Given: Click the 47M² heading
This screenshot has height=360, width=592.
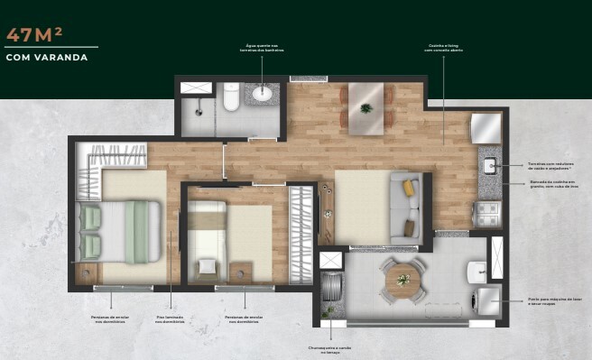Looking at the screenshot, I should pyautogui.click(x=34, y=35).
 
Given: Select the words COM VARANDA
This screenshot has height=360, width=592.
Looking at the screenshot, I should pyautogui.click(x=46, y=57).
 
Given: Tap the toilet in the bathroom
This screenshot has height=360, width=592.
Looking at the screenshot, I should pyautogui.click(x=231, y=98).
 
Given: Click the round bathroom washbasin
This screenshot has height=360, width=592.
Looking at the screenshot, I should pyautogui.click(x=263, y=94).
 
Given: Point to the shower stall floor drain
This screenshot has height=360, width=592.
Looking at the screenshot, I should pyautogui.click(x=196, y=106).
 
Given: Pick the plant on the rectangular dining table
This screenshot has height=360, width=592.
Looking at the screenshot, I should pyautogui.click(x=365, y=108).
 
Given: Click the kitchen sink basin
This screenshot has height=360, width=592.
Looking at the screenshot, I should pyautogui.click(x=490, y=165).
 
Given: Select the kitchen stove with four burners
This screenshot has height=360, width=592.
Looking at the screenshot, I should pyautogui.click(x=487, y=215).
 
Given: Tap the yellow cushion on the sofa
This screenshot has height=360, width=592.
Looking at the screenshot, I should pyautogui.click(x=409, y=188).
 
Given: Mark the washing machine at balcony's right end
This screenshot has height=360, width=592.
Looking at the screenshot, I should pyautogui.click(x=487, y=300).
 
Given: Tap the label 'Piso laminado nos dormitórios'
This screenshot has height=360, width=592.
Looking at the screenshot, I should pyautogui.click(x=171, y=319).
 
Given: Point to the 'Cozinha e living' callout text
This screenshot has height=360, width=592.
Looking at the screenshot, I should pyautogui.click(x=443, y=49).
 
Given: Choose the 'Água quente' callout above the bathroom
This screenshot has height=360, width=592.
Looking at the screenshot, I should pyautogui.click(x=264, y=49).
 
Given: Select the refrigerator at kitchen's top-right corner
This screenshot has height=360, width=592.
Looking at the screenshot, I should pyautogui.click(x=486, y=127).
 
